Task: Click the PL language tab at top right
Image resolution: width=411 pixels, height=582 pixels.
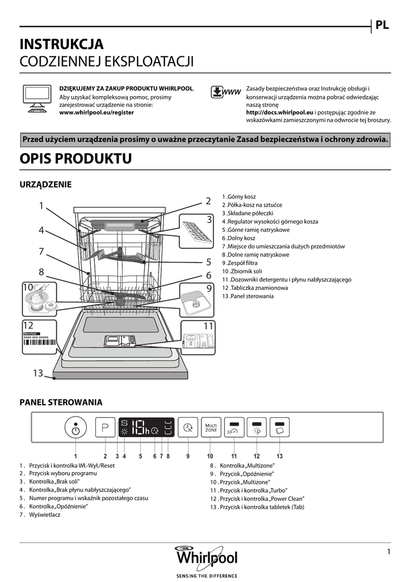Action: (382, 25)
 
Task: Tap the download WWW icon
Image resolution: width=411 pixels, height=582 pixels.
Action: (225, 93)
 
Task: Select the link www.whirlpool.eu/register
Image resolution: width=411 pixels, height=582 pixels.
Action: (97, 113)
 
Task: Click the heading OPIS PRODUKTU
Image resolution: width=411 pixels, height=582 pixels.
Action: (76, 159)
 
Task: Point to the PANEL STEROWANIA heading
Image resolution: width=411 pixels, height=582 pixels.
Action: (61, 402)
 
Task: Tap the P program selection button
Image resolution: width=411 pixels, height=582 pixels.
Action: (105, 428)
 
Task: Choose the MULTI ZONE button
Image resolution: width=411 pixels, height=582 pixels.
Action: (211, 427)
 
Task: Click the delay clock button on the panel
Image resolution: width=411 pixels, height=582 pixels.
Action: (187, 427)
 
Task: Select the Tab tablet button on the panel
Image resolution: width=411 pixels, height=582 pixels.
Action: (279, 428)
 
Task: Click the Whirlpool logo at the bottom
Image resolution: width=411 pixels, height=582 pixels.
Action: (205, 556)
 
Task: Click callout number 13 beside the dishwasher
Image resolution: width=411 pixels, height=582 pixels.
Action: (37, 373)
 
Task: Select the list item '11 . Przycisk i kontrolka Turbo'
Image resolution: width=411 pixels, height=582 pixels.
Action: (249, 490)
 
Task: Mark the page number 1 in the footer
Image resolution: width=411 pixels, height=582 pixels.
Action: (389, 551)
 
